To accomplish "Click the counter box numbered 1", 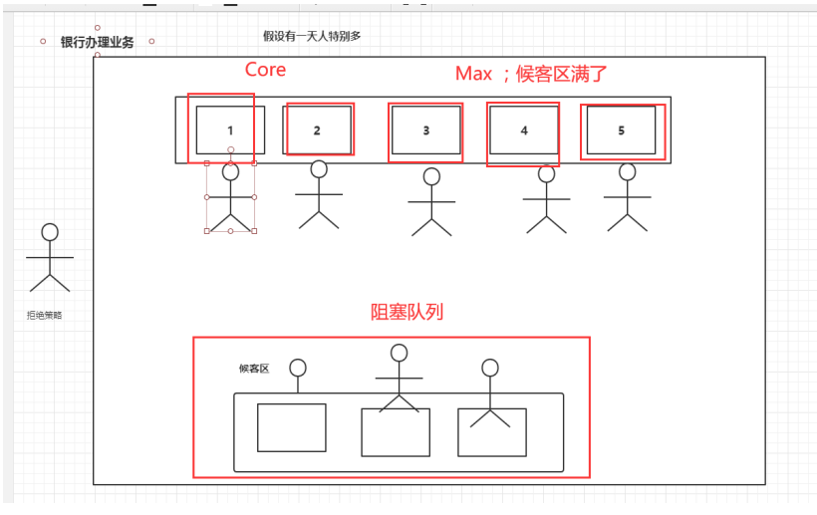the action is pos(230,129).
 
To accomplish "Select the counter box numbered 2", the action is pos(317,129).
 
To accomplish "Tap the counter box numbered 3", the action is pos(425,129).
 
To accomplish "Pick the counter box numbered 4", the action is pos(524,129).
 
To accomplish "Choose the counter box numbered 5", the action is pos(621,129).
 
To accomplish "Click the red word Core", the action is pos(265,70).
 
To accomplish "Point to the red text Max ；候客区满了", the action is pos(531,73).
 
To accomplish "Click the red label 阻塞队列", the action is pos(407,312).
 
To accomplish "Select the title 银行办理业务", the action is pos(97,42).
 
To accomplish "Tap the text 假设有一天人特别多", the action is pos(312,36).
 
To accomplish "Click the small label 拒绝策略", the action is pos(44,315).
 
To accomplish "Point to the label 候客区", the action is pos(254,369).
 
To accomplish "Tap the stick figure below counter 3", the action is pos(431,203).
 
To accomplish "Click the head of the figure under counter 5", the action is pos(627,171).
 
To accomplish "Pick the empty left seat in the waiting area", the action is pos(292,427).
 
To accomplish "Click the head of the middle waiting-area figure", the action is pos(400,353).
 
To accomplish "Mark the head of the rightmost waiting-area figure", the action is pos(489,368).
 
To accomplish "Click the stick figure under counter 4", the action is pos(546,198).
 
